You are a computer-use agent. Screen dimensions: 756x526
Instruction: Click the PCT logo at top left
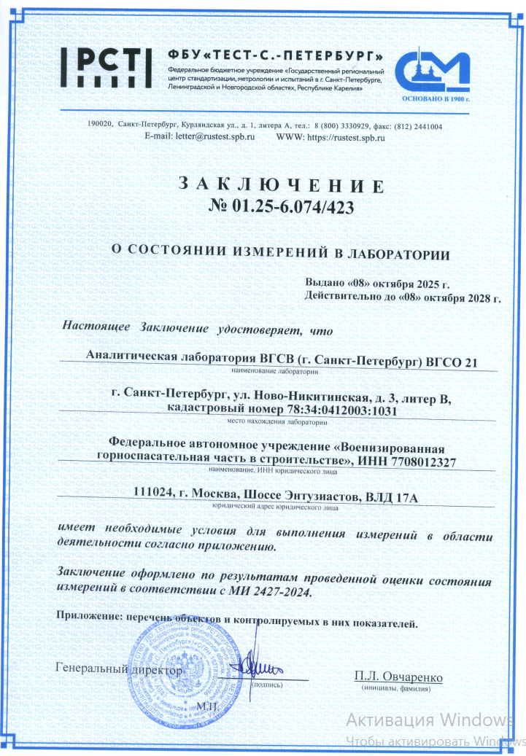[105, 66]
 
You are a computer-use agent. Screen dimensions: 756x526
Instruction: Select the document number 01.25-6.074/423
[292, 208]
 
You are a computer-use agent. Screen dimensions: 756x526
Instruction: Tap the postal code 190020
[99, 126]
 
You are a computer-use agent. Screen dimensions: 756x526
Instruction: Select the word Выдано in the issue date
[330, 284]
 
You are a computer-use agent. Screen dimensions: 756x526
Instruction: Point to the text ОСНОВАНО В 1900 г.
[435, 98]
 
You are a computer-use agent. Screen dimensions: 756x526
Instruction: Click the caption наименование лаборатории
[276, 371]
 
